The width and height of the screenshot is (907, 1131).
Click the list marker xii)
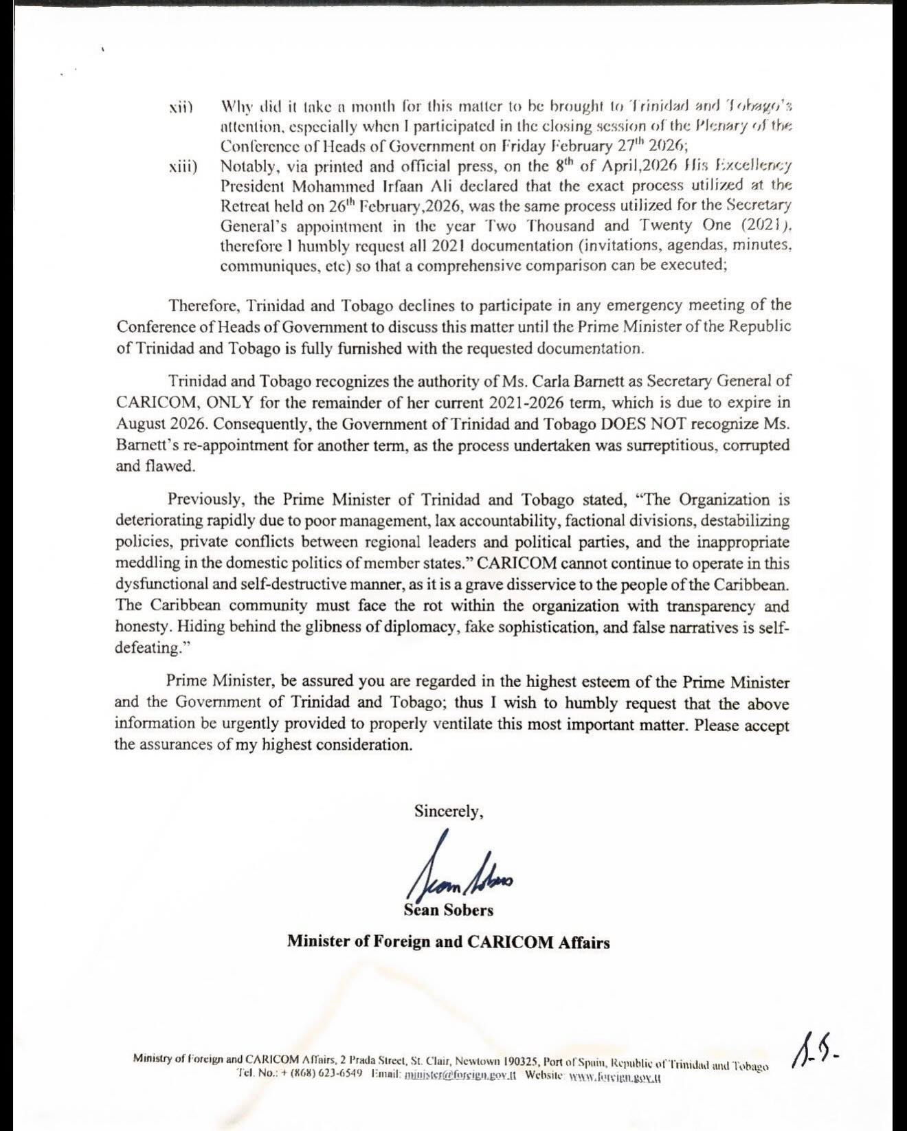[x=181, y=107]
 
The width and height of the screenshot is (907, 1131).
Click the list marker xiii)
[x=183, y=167]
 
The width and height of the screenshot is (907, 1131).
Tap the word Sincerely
[x=448, y=811]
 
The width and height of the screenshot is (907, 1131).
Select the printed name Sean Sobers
[x=449, y=910]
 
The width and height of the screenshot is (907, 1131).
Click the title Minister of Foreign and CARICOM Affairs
[x=448, y=941]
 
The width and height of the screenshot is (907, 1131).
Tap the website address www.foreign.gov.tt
[x=616, y=1076]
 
